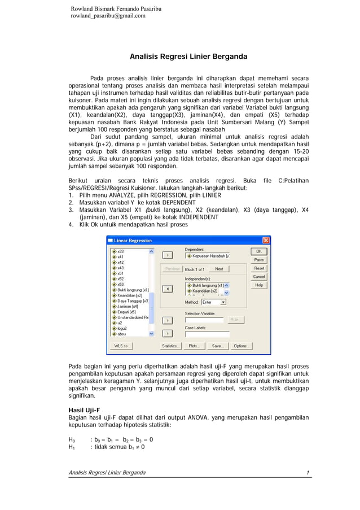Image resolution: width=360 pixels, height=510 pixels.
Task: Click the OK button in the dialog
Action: tap(259, 251)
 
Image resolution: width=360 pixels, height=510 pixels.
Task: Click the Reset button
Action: tap(259, 268)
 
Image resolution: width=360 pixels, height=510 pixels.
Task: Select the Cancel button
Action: tap(259, 277)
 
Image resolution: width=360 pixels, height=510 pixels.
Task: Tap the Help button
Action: tap(259, 285)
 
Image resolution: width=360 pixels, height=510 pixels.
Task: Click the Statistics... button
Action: tap(170, 346)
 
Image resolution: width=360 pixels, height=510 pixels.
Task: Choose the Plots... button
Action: tap(194, 346)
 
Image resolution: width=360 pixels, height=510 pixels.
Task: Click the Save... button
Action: tap(217, 346)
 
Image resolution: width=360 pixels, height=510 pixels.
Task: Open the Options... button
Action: tap(242, 346)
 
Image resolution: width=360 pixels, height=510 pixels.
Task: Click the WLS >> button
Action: tap(121, 346)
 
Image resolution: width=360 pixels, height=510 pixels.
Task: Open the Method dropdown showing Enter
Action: tap(213, 302)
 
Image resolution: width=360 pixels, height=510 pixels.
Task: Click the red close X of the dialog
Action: tap(266, 240)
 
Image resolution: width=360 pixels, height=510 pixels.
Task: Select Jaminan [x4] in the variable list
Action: tap(128, 306)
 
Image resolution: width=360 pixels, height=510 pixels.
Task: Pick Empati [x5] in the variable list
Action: tap(126, 312)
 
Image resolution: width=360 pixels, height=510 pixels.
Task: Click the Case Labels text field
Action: tap(207, 334)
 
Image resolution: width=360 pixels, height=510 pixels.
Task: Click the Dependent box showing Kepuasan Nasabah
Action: tap(207, 256)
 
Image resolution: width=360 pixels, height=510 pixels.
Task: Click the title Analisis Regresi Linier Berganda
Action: tap(188, 57)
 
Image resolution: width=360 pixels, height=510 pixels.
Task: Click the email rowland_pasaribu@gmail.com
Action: tap(107, 16)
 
